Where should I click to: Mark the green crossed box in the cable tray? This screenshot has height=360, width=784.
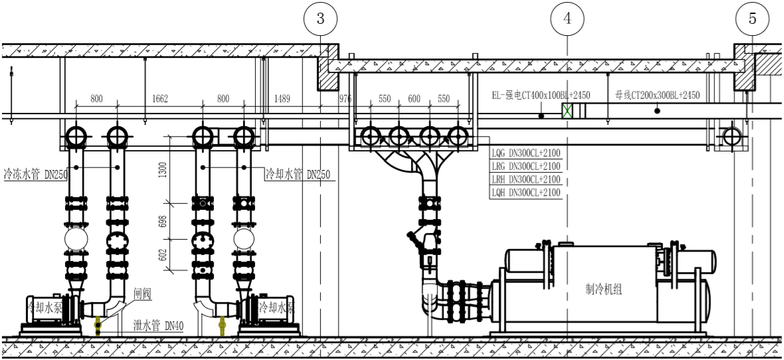[x=567, y=111]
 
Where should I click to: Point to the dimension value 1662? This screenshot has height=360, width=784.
[x=160, y=99]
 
